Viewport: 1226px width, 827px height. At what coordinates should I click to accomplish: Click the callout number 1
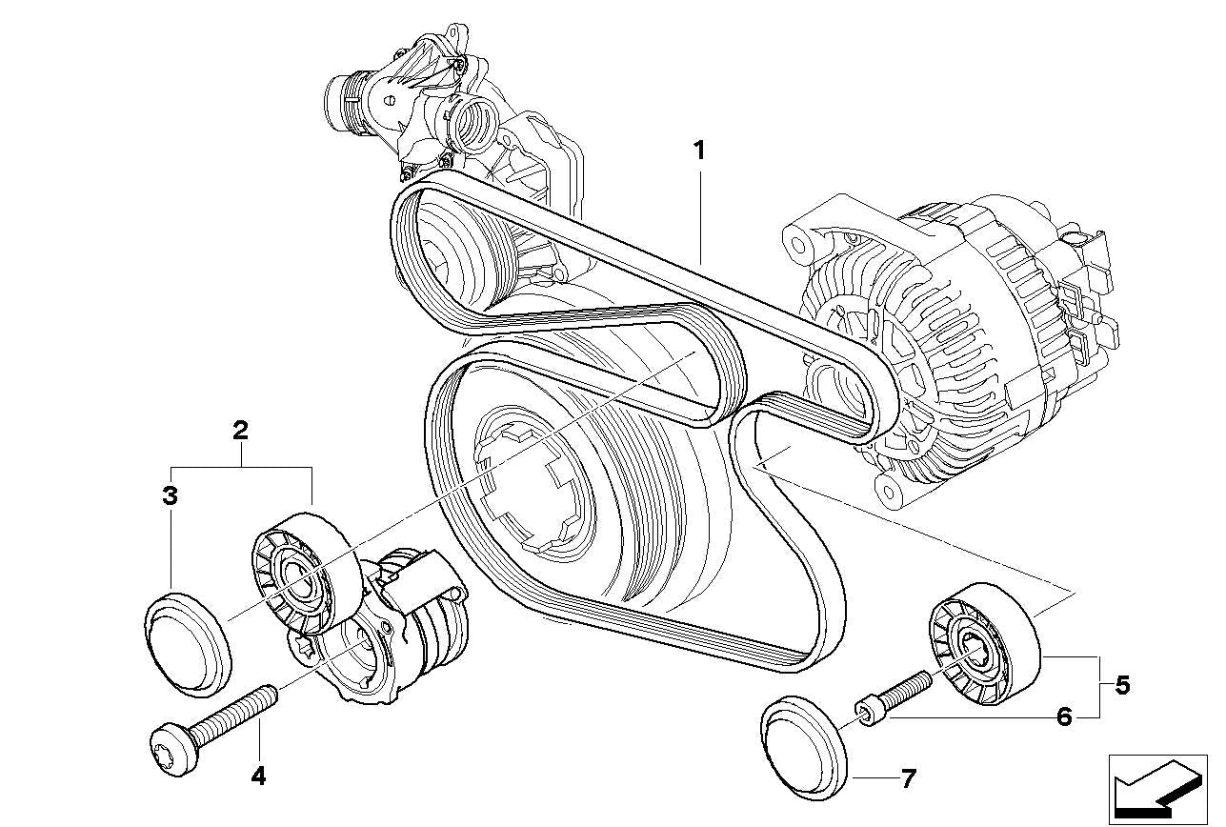[x=699, y=151]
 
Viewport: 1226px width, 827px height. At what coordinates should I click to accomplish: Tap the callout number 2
[x=241, y=430]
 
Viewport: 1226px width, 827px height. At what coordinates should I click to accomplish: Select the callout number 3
[x=170, y=495]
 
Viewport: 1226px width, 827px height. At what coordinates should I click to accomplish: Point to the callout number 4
[x=257, y=777]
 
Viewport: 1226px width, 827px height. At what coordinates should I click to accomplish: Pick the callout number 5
[x=1122, y=685]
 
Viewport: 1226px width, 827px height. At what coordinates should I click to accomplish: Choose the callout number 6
[x=1063, y=716]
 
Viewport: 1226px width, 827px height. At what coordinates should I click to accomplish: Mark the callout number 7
[x=907, y=779]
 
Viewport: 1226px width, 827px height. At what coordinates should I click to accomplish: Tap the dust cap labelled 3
[x=188, y=639]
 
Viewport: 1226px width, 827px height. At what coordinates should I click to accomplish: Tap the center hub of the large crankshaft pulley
[x=530, y=486]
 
